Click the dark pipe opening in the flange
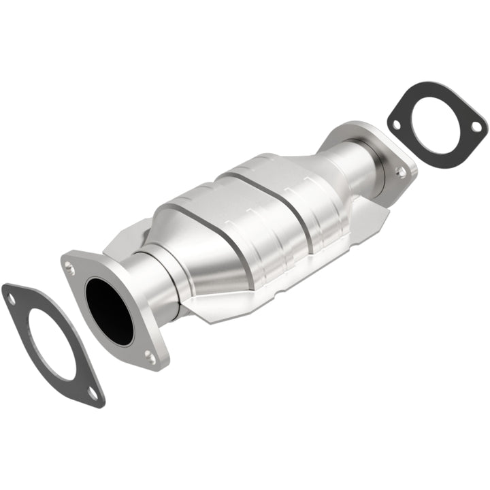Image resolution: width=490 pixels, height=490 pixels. pyautogui.click(x=109, y=310)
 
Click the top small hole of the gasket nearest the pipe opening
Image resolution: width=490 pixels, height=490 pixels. pyautogui.click(x=10, y=296)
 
